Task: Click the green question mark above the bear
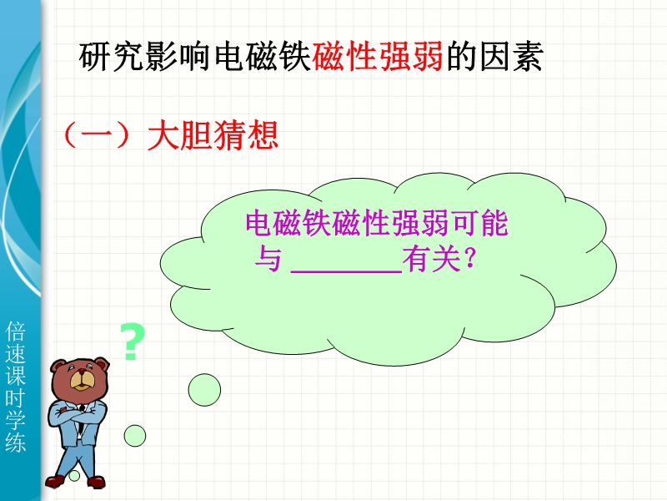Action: click(133, 342)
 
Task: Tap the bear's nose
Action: click(81, 372)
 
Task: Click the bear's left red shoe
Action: click(57, 481)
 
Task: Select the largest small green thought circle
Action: click(204, 390)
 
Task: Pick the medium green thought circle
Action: click(135, 436)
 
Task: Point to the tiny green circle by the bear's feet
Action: click(74, 475)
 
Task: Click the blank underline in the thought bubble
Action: click(346, 271)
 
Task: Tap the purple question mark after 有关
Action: click(469, 258)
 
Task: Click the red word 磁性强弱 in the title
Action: click(378, 56)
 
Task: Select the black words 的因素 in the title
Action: click(494, 56)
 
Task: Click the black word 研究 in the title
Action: click(112, 56)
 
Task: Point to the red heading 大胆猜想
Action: click(213, 135)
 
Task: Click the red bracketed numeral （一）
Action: click(97, 135)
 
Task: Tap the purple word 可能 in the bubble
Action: click(481, 223)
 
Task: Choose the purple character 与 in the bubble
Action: click(268, 259)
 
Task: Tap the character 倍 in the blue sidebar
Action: click(16, 331)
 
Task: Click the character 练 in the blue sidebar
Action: click(16, 442)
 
